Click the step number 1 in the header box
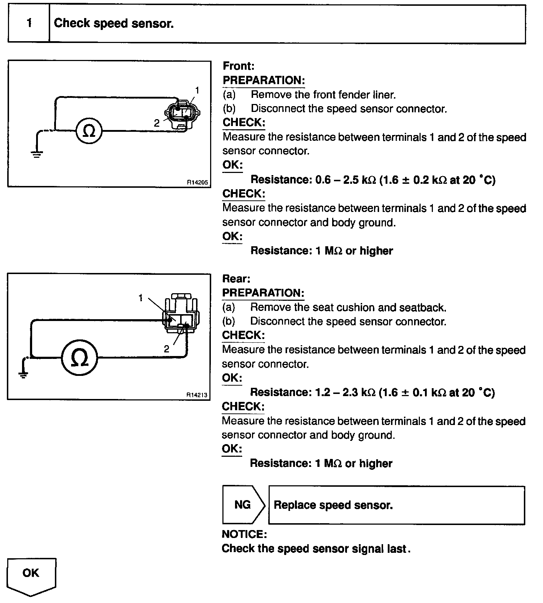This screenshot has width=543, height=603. [29, 23]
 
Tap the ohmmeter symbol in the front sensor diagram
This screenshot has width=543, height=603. [89, 131]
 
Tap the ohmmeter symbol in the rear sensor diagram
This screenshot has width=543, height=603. [79, 358]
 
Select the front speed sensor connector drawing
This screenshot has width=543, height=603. [182, 114]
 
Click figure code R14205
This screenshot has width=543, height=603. [197, 182]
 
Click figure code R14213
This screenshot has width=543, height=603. [197, 395]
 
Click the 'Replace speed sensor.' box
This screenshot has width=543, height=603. [396, 505]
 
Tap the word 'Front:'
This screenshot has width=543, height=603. [239, 66]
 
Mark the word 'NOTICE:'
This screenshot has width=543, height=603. [244, 534]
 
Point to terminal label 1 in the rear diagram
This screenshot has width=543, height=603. [141, 298]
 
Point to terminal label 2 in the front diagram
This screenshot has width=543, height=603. [157, 123]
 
